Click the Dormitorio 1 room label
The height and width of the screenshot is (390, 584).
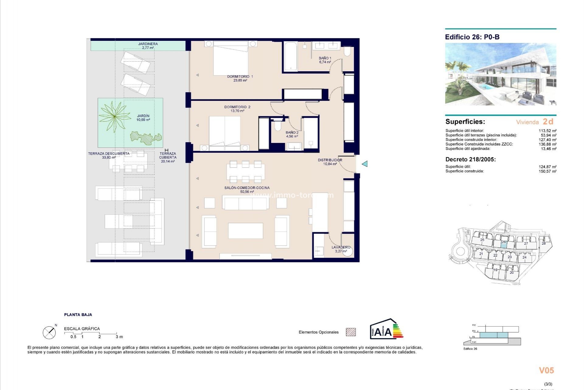point(240,76)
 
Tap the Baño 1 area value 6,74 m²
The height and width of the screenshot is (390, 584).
point(325,62)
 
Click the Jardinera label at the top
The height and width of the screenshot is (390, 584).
point(148,44)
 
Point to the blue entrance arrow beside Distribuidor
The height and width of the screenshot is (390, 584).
point(365,164)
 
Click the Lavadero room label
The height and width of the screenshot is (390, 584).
point(341,247)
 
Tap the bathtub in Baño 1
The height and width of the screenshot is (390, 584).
point(290,57)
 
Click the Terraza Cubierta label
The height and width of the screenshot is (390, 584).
point(168,156)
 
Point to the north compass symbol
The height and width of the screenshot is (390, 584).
point(50,332)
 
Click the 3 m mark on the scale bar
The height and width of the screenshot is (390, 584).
point(119,337)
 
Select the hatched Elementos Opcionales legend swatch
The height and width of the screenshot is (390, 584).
point(351,332)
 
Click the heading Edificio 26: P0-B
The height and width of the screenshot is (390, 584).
point(472,37)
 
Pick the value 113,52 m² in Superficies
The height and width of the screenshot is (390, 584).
point(547,131)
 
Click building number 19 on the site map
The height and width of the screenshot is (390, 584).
point(495,270)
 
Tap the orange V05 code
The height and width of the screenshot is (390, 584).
point(546,370)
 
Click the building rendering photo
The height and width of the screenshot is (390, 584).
point(500,74)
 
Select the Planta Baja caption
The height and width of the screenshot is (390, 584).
point(78,315)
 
